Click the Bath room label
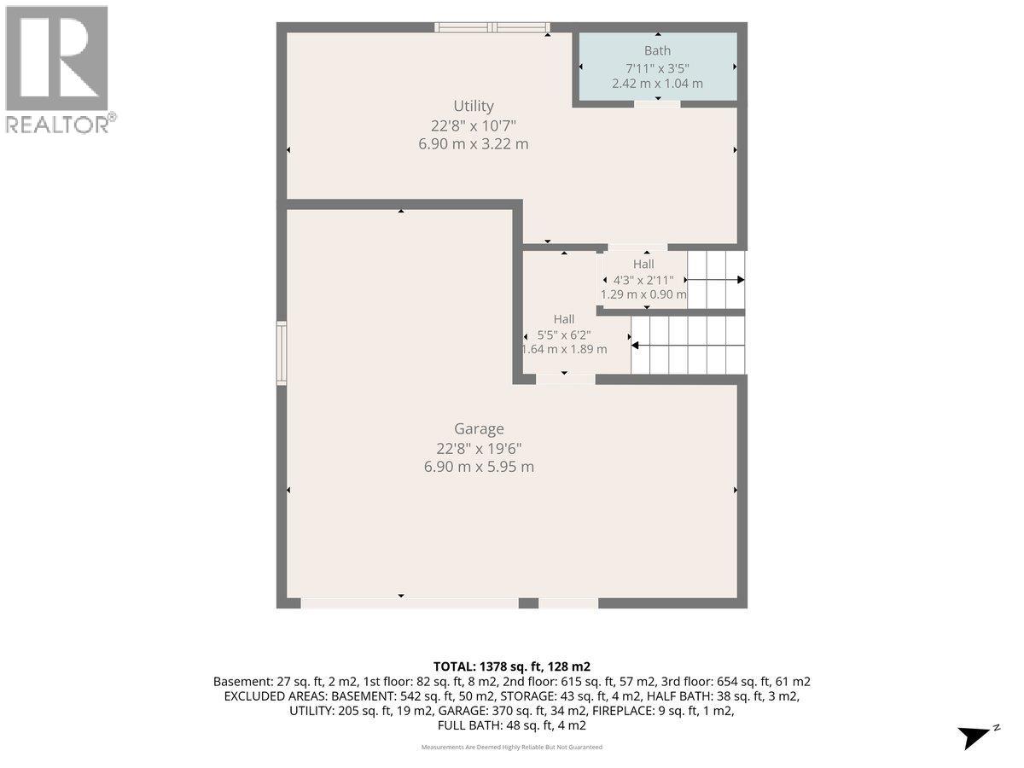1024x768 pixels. coord(657,50)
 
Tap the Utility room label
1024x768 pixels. coord(474,107)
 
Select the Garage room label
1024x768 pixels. coord(479,428)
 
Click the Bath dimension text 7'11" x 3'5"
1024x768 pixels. coord(657,68)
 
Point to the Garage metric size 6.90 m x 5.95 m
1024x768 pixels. coord(479,466)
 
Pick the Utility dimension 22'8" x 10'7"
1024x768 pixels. coord(474,126)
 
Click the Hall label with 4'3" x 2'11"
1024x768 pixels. coord(643,264)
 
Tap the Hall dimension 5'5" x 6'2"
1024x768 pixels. coord(564,335)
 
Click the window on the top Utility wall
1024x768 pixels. coord(492,27)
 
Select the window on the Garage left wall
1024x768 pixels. coord(282,353)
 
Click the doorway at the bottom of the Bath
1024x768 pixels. coord(657,104)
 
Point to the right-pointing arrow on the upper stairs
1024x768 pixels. coord(715,280)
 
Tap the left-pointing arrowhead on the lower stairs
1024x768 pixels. coord(635,346)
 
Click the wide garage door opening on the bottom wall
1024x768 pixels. coord(410,604)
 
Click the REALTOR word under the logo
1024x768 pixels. coord(57,125)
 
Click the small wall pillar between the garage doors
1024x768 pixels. coord(528,603)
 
